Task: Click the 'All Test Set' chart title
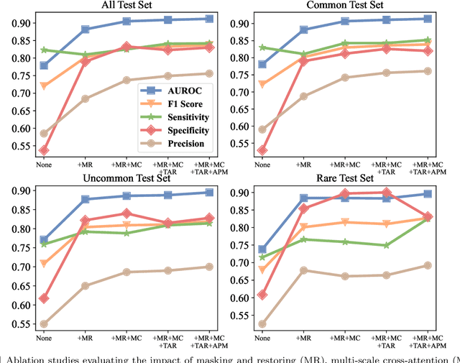click(x=126, y=6)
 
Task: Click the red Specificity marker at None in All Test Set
click(x=44, y=150)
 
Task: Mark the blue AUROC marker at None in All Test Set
click(x=44, y=65)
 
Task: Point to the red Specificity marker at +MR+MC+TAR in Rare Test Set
click(x=387, y=193)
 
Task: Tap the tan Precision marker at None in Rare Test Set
click(x=262, y=324)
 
